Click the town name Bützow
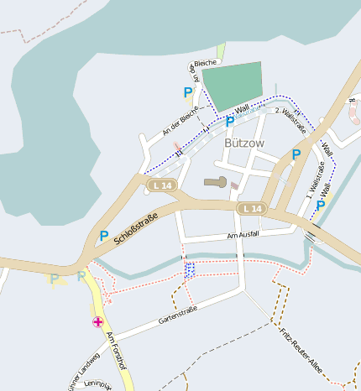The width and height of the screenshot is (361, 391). (x=244, y=143)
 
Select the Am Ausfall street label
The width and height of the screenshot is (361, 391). (x=243, y=235)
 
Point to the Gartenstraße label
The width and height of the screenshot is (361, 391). (x=177, y=315)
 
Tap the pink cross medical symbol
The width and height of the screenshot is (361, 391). (x=98, y=322)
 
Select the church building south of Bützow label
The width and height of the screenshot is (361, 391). (x=216, y=182)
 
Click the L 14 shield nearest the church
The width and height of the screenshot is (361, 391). (x=160, y=185)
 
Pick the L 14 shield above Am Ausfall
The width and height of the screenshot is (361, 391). (x=251, y=208)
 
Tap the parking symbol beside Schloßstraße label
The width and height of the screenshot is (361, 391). (x=104, y=237)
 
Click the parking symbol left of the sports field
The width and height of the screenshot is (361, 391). (x=188, y=92)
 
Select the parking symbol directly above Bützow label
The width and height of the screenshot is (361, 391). (x=230, y=123)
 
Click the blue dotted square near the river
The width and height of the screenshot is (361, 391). (x=190, y=268)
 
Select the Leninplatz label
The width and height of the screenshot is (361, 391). (x=98, y=385)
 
